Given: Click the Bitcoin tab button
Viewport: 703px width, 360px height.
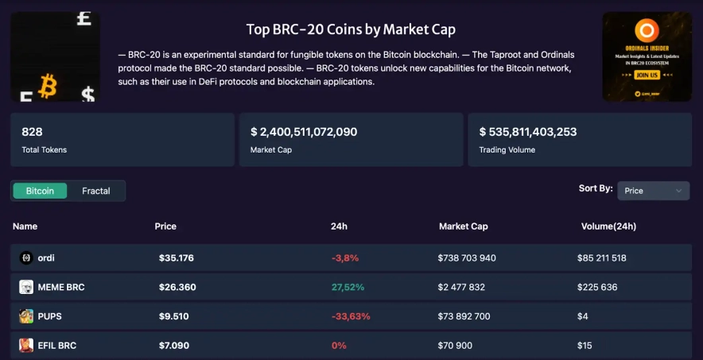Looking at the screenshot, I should (40, 191).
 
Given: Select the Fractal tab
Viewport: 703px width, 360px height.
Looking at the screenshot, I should (96, 191).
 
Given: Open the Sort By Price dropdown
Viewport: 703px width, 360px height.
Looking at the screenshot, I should (653, 191).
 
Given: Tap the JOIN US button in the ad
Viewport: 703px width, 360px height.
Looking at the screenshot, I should (647, 75).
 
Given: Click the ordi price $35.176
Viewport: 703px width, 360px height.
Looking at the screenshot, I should (176, 257).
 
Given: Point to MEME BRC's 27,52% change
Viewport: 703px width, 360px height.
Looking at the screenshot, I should (348, 287).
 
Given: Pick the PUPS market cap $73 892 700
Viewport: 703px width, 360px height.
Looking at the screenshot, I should (464, 316).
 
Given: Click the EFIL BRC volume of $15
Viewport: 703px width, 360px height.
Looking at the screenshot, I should (586, 346).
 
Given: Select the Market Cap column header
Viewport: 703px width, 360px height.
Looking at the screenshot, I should (463, 226).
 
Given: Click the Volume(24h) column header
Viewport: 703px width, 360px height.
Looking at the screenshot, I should (608, 226).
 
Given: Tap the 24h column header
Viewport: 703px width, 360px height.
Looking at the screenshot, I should (339, 226).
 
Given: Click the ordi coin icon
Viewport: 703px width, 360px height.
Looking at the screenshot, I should (25, 257).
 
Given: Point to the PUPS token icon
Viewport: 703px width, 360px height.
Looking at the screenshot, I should (26, 316).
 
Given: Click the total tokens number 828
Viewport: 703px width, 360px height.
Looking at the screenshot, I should (32, 132).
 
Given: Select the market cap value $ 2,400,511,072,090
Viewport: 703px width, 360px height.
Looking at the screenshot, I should (303, 132).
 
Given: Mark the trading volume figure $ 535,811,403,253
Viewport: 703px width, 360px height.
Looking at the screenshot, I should (527, 132).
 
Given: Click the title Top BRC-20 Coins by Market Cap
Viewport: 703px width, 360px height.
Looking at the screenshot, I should (351, 29).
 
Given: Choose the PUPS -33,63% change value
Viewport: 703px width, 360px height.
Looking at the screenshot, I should (351, 316).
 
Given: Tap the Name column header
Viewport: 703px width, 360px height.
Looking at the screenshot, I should (25, 226).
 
